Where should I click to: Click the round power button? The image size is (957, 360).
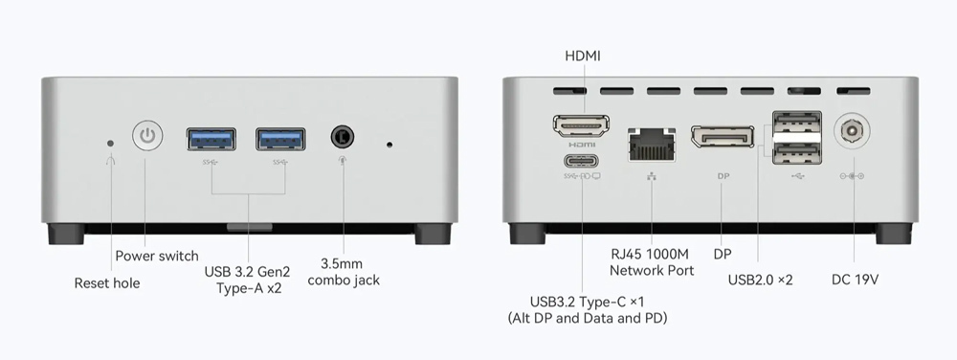click(x=147, y=135)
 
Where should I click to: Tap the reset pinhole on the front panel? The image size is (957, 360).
click(x=110, y=144)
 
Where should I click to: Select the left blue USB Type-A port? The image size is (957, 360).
click(x=211, y=139)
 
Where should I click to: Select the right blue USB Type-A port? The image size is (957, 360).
click(x=280, y=139)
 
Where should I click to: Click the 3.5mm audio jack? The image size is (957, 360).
click(x=343, y=136)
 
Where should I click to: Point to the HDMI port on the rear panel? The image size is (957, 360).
click(x=582, y=125)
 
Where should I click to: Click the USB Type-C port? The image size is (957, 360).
click(x=582, y=161)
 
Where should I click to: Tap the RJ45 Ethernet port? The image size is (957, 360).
click(x=653, y=145)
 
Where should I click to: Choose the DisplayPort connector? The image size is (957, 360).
click(x=723, y=137)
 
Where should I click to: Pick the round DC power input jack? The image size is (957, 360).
click(x=852, y=130)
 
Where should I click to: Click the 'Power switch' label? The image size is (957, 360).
click(x=157, y=257)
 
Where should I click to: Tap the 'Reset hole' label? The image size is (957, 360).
click(x=107, y=283)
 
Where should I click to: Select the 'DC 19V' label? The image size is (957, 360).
click(x=855, y=280)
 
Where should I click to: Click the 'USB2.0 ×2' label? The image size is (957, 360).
click(x=761, y=280)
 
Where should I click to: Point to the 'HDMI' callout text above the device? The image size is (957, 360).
click(x=583, y=56)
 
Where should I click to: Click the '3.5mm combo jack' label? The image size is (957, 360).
click(x=344, y=272)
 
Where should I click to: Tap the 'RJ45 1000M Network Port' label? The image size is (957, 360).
click(x=652, y=262)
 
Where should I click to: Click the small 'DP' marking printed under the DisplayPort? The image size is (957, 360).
click(x=723, y=176)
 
